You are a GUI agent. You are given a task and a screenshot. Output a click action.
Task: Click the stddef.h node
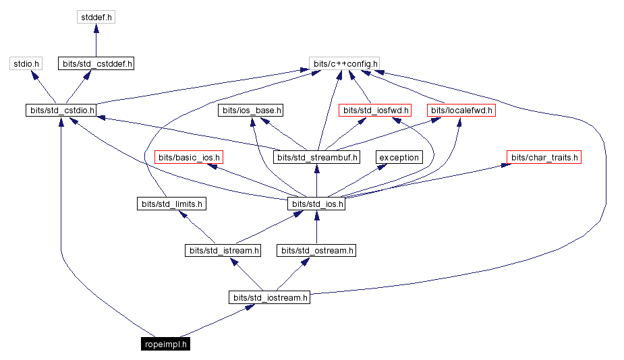coord(96,16)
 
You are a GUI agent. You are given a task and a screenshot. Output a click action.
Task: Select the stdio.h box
coord(26,64)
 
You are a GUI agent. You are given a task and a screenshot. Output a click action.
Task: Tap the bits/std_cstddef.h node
coord(96,64)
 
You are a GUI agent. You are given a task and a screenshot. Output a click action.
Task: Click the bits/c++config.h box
coord(345,64)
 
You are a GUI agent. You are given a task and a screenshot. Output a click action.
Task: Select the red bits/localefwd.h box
coord(461,110)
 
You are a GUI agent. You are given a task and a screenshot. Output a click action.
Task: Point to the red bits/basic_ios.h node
coord(188,157)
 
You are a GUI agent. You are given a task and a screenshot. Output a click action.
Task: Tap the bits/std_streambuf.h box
coord(316,157)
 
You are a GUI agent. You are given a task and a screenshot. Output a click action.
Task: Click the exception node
coord(399,157)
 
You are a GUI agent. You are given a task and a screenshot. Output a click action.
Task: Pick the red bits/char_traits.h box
coord(544,157)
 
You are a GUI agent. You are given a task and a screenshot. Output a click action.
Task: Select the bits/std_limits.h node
coord(171,204)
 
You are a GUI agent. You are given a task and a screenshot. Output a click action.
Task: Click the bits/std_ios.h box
coord(316,204)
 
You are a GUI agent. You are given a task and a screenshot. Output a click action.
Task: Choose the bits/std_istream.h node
coord(223,250)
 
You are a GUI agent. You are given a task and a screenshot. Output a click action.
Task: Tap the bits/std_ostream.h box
coord(316,250)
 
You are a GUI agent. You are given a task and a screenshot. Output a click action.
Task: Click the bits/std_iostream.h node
coord(269,297)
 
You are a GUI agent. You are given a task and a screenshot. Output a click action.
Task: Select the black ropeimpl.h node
coord(166,344)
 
